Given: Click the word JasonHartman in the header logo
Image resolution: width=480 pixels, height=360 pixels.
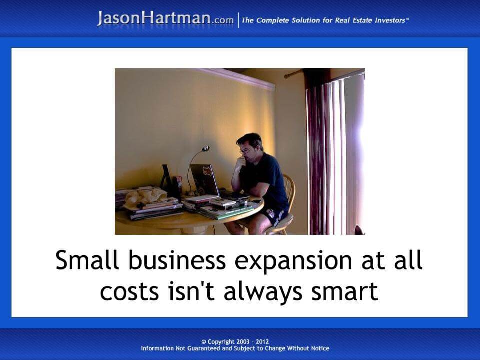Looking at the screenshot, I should pos(154,19).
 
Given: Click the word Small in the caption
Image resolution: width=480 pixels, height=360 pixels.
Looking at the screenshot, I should pos(85,261).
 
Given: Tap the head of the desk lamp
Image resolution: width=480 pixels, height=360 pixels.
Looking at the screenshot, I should pos(205,148).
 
